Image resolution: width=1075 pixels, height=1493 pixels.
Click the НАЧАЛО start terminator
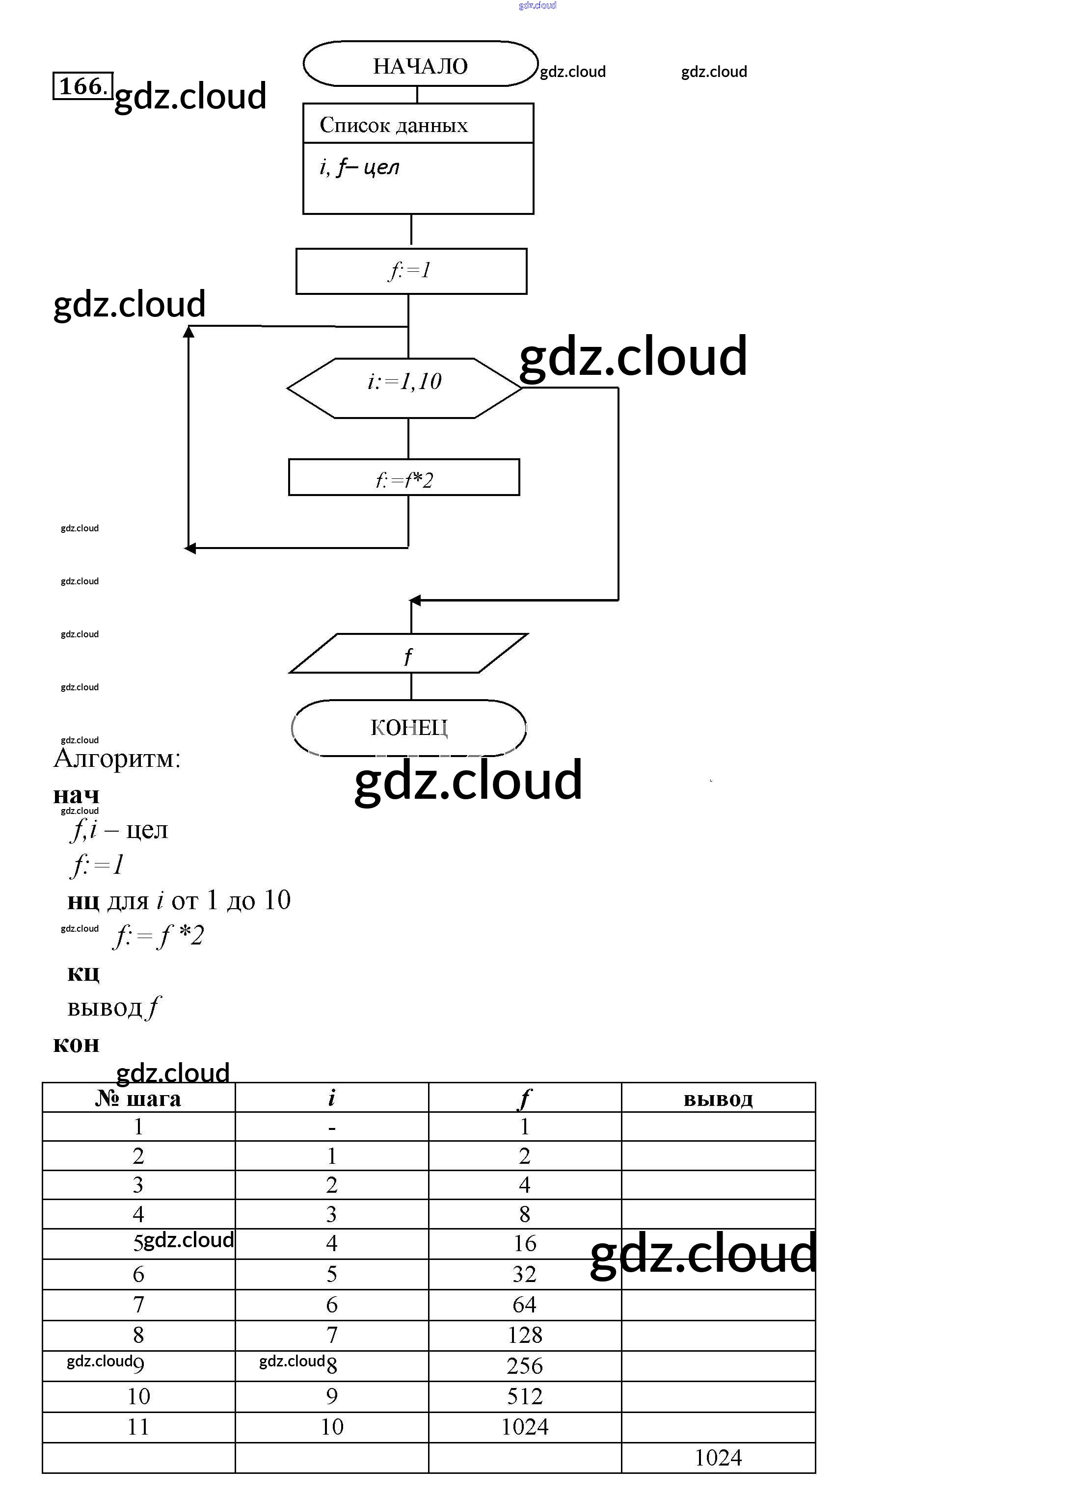(420, 64)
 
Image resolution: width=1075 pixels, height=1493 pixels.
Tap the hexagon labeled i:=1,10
(404, 388)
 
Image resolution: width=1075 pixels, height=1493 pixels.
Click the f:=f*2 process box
(404, 478)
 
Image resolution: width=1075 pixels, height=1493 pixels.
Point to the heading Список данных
(393, 125)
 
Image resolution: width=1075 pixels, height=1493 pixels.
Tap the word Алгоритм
(117, 759)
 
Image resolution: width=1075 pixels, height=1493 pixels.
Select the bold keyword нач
(76, 795)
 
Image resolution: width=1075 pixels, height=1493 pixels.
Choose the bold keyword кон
(76, 1044)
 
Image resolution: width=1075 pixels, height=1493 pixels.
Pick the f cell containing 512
(524, 1396)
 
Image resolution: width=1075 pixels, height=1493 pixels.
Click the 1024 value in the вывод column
(718, 1458)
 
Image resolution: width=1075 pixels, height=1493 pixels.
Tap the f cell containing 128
(524, 1335)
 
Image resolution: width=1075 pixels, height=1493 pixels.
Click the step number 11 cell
(138, 1426)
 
